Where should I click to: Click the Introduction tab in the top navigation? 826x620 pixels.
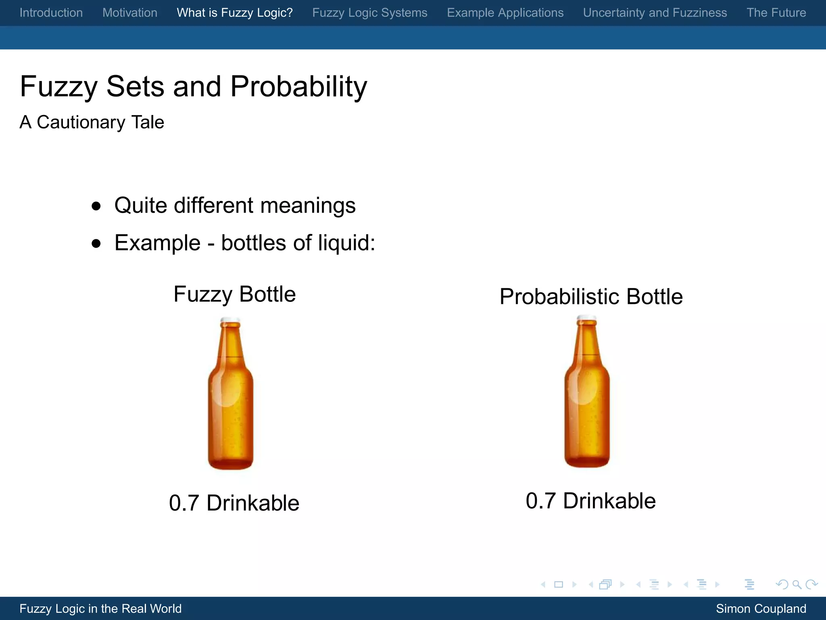[51, 13]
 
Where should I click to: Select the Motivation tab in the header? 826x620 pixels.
[130, 13]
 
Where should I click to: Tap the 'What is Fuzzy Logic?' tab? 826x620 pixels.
[235, 13]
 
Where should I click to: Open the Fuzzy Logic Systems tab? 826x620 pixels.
[370, 13]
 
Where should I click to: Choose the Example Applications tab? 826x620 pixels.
[505, 13]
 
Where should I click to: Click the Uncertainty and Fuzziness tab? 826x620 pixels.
[655, 13]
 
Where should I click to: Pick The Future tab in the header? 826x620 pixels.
[776, 13]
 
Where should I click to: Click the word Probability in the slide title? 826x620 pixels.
[299, 87]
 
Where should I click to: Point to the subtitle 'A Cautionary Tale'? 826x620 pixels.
[92, 122]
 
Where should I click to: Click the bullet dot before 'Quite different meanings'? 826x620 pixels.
[96, 206]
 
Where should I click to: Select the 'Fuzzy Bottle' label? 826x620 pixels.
[235, 294]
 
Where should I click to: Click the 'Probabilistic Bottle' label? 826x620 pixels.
[591, 297]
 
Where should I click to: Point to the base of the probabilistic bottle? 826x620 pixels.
[587, 460]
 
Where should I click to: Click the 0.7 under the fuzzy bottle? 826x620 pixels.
[184, 503]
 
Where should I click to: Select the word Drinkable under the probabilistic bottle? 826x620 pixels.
[609, 501]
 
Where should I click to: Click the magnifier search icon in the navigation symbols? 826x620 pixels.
[797, 584]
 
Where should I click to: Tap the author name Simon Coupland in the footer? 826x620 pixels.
[761, 609]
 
